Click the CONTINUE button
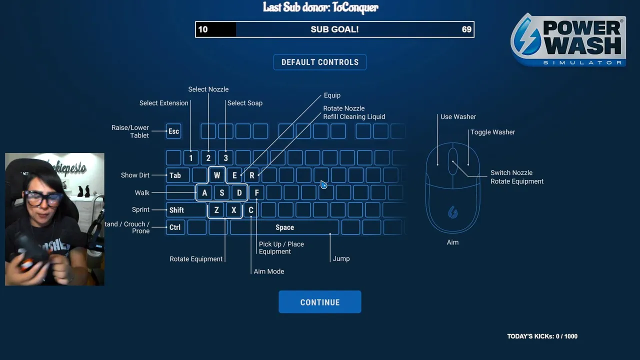pos(319,302)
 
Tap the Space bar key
pos(284,227)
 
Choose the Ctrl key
pos(174,227)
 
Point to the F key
pos(256,192)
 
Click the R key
pos(252,175)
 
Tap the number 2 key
pos(208,158)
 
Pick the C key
pos(251,210)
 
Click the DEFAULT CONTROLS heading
pos(319,62)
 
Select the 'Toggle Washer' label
pos(492,132)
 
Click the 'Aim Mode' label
pos(269,271)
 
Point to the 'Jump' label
pos(341,258)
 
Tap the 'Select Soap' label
pos(244,103)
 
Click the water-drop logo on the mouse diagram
pos(452,212)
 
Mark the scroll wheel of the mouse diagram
pos(452,160)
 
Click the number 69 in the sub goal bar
pos(466,29)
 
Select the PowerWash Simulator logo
pos(568,40)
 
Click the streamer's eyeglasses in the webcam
pos(44,198)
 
